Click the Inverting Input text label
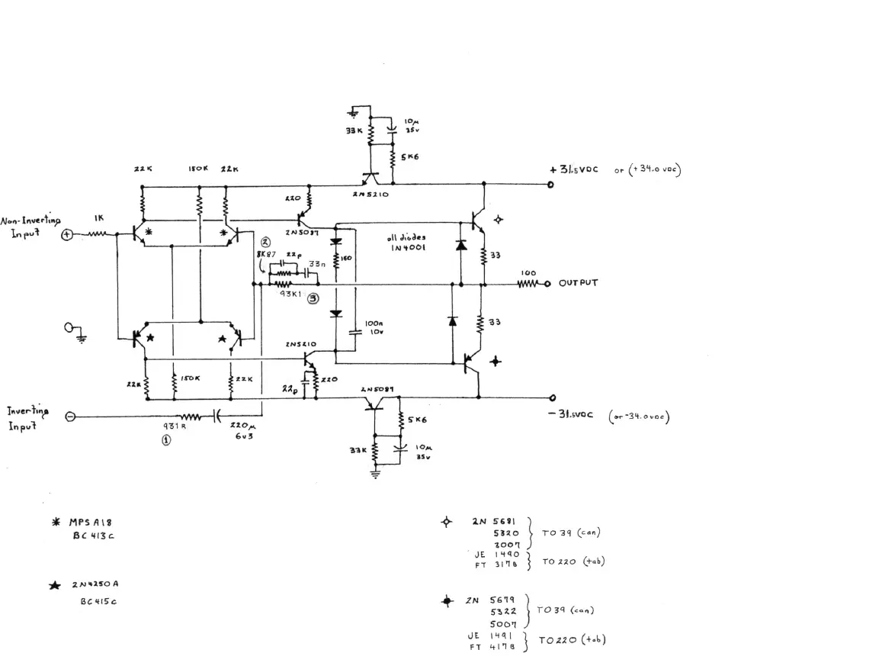pos(28,418)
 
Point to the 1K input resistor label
pos(99,218)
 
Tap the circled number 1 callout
pos(165,440)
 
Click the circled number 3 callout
pos(313,299)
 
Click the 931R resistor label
pos(175,427)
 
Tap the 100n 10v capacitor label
pos(374,328)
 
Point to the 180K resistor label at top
pos(197,169)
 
